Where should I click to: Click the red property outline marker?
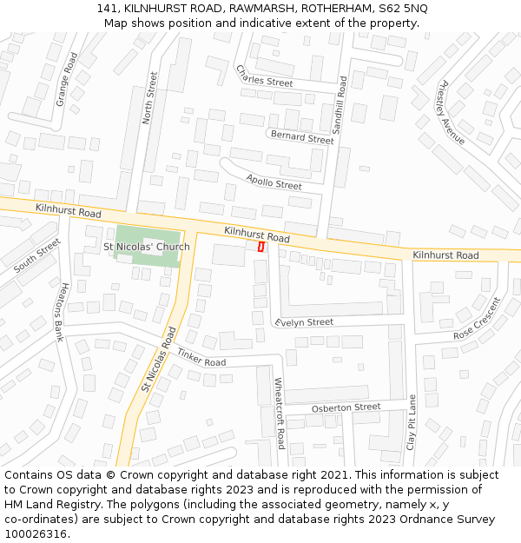pos(261,247)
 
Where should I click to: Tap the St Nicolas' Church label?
pos(147,247)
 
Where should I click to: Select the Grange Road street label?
pos(67,79)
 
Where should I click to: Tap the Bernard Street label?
pos(302,137)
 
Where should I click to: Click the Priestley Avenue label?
pos(452,114)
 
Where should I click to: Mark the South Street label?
pos(37,255)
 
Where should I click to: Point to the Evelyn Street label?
pos(304,322)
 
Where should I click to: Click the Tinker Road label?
pos(201,356)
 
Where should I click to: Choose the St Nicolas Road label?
pos(158,358)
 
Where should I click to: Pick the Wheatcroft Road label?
pos(280,413)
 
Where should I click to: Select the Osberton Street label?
pos(346,407)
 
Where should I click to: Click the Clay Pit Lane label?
pos(412,421)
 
